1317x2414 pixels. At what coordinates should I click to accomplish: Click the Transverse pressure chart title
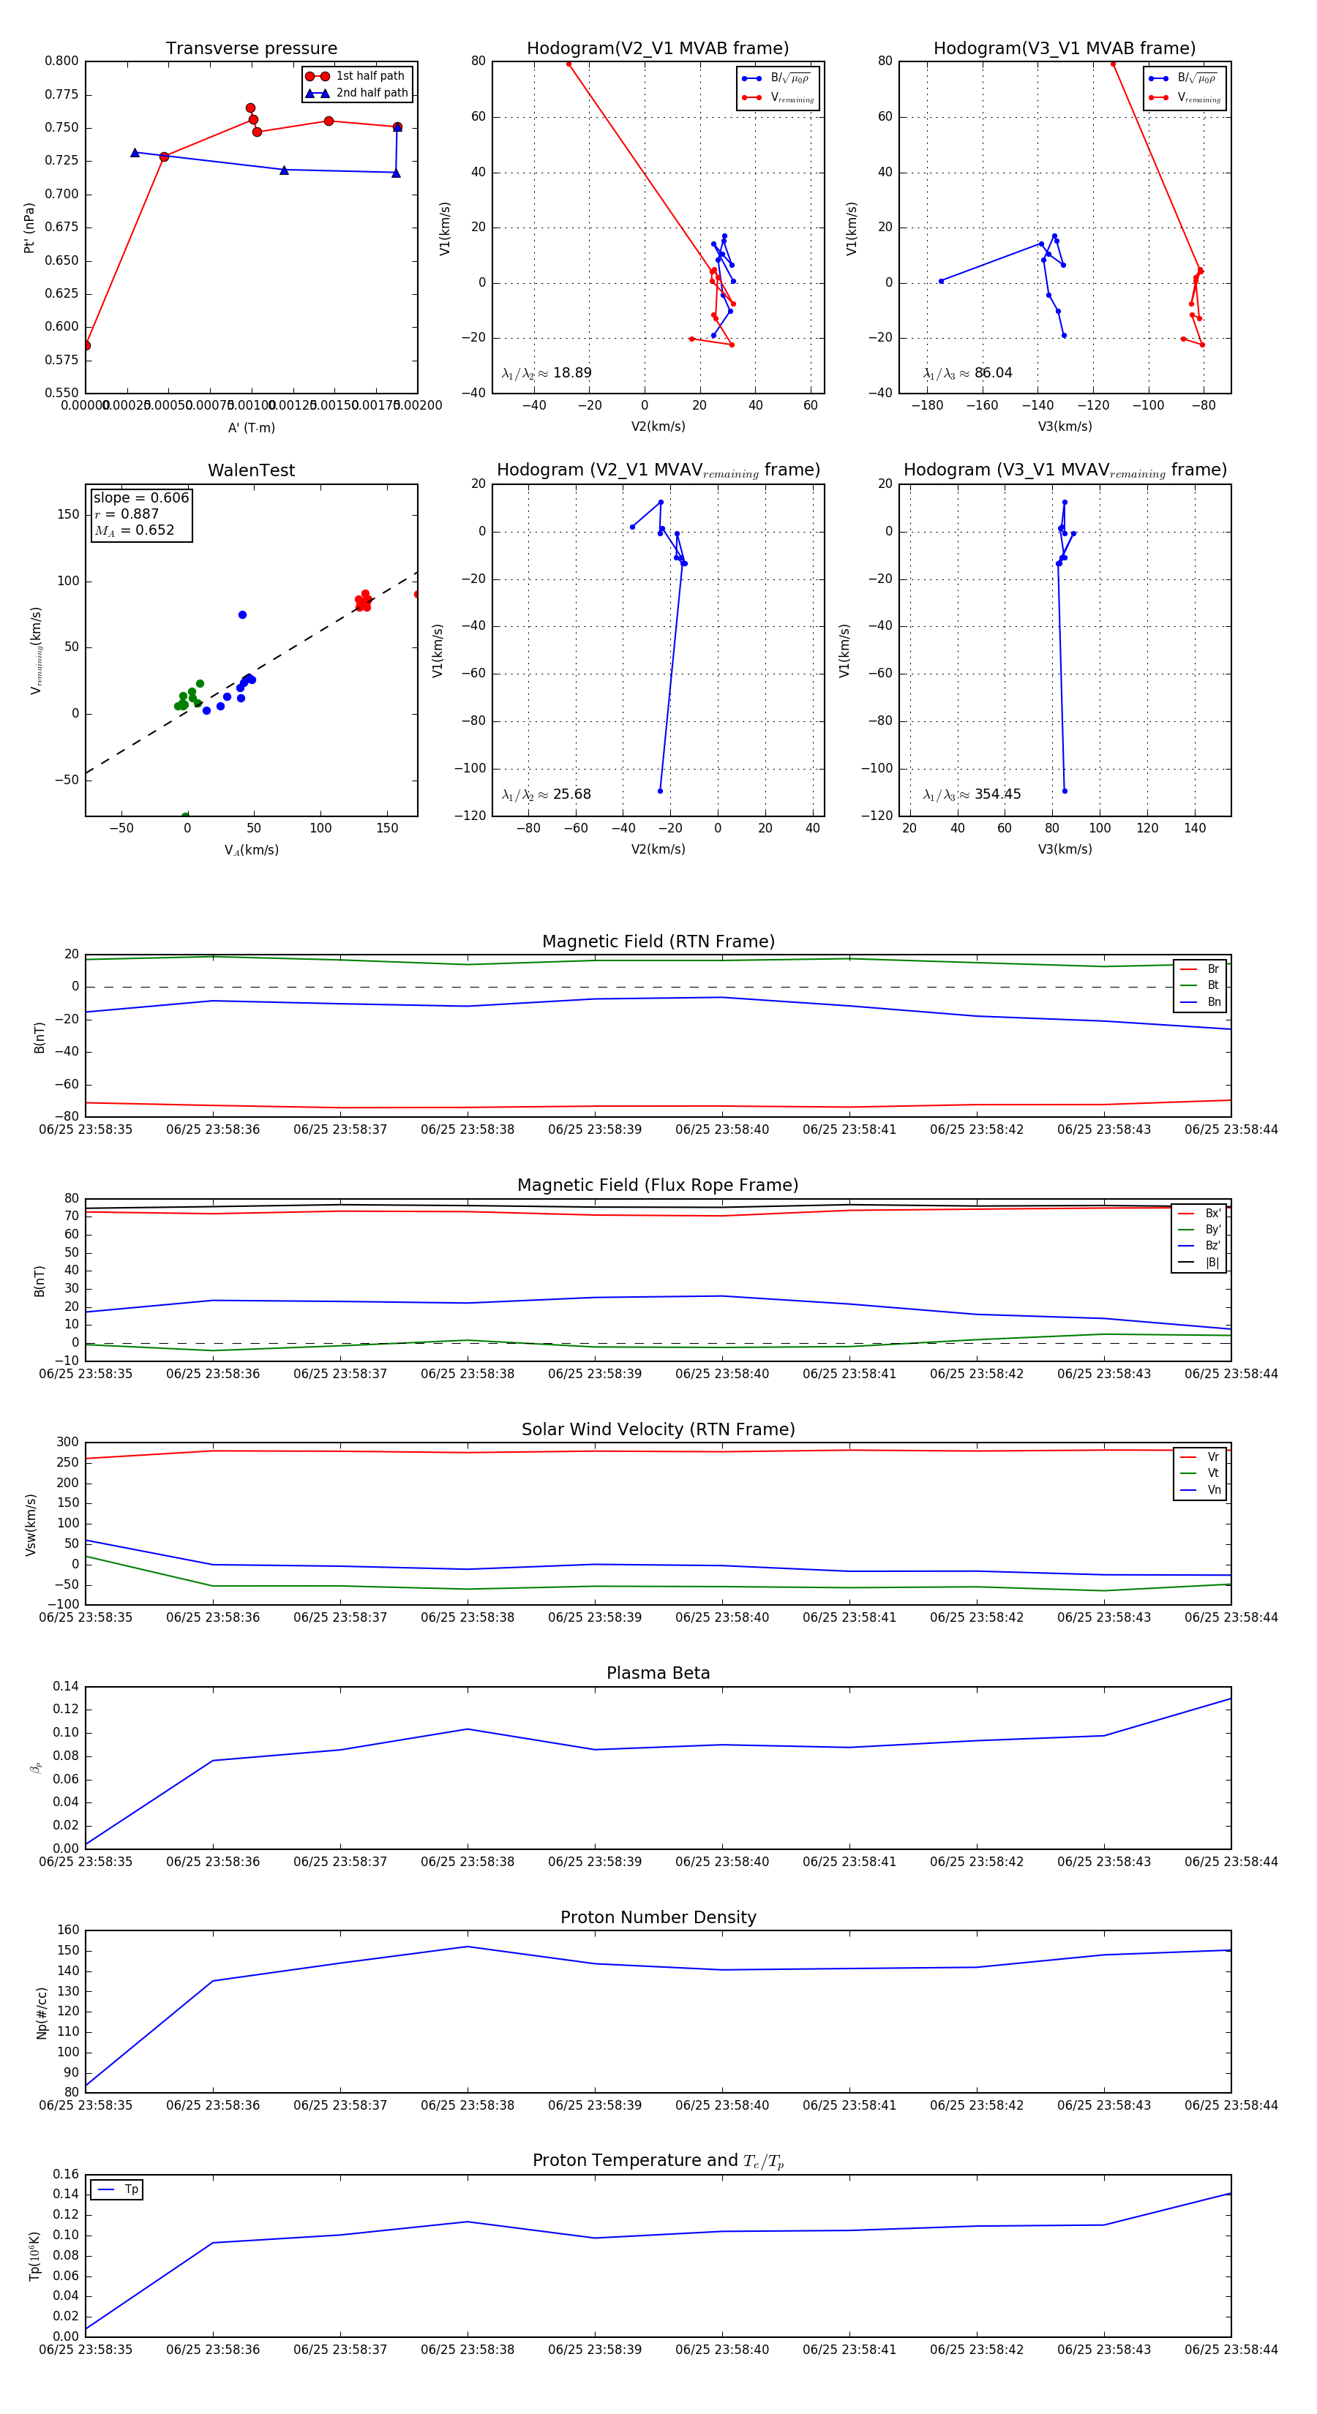click(x=251, y=49)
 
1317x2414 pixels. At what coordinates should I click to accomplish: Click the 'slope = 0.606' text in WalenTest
click(x=140, y=497)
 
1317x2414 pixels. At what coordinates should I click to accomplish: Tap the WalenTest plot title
click(x=251, y=470)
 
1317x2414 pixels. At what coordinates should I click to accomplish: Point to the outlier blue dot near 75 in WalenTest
click(x=243, y=614)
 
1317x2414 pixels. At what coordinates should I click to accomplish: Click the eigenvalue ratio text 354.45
click(x=997, y=794)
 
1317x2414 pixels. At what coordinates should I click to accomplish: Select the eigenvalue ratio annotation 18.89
click(x=571, y=373)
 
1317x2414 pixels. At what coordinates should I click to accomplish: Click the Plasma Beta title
click(x=658, y=1674)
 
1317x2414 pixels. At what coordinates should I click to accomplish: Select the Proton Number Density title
click(x=658, y=1917)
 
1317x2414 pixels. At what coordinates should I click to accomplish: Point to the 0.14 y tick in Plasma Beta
click(x=66, y=1687)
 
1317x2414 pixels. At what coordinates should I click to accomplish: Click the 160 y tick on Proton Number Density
click(x=70, y=1930)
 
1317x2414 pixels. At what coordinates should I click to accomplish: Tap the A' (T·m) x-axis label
click(x=251, y=427)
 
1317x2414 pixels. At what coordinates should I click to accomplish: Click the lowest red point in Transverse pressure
click(x=86, y=346)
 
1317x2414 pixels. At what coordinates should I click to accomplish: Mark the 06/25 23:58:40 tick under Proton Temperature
click(x=721, y=2350)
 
